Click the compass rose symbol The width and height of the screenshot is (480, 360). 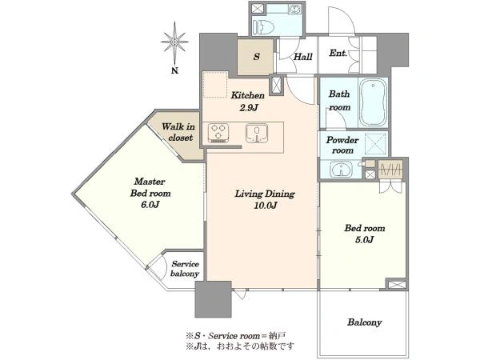tap(174, 42)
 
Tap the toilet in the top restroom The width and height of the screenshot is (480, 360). tap(264, 27)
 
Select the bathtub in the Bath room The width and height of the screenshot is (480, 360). tap(373, 102)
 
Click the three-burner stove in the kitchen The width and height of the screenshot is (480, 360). tap(218, 133)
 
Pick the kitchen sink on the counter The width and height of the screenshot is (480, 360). tap(257, 133)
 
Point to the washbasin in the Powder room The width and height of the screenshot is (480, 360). tap(342, 170)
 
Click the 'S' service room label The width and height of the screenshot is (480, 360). tap(257, 57)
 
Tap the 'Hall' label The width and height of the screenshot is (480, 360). tap(303, 57)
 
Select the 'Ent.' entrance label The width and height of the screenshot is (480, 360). tap(338, 54)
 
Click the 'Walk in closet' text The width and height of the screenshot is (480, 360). tap(178, 132)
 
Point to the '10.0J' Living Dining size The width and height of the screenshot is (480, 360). tap(265, 206)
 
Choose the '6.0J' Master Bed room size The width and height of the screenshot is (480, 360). tap(150, 205)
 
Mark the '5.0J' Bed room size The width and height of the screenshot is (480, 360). tap(364, 240)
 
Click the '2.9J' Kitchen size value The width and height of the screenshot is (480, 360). tap(248, 107)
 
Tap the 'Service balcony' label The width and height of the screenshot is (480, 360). tap(185, 269)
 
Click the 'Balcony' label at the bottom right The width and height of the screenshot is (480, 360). tap(364, 322)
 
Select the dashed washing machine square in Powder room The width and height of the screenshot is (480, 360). tap(376, 143)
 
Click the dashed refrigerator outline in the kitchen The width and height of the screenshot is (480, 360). tap(215, 85)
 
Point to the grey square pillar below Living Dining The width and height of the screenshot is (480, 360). tap(213, 299)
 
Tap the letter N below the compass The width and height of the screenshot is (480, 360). tap(174, 70)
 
